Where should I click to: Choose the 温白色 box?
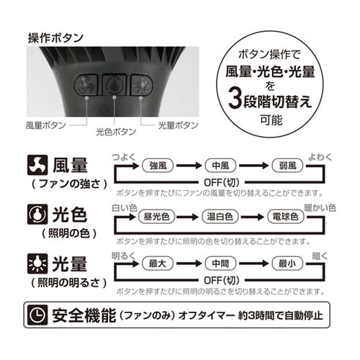(220, 217)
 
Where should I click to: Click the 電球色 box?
(282, 217)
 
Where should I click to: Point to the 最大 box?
(158, 264)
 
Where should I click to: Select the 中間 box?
(218, 264)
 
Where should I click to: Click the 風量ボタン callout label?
(45, 125)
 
